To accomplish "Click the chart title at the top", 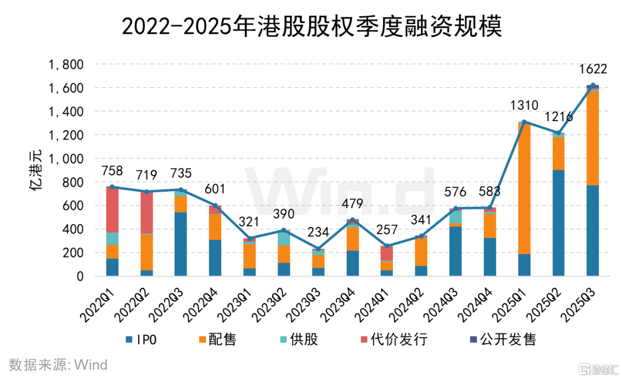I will tap(312, 26).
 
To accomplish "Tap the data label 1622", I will tap(593, 69).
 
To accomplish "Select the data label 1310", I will tap(524, 105).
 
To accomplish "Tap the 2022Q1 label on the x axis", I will tap(98, 302).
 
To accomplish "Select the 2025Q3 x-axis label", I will tap(579, 302).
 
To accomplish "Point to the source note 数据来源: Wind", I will tap(58, 365).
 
